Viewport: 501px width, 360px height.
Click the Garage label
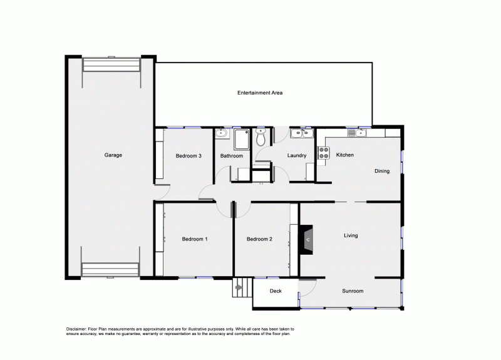click(x=113, y=155)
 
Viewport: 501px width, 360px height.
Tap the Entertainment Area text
click(x=260, y=93)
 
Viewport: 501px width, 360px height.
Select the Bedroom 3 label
click(x=188, y=156)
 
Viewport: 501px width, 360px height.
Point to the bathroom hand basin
click(x=220, y=133)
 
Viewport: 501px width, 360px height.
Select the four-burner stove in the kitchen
click(x=323, y=153)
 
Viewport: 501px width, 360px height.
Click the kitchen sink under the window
click(x=356, y=132)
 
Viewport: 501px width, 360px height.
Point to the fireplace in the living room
click(x=308, y=239)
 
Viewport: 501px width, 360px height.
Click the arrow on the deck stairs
click(x=238, y=288)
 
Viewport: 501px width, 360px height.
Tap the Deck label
click(x=276, y=291)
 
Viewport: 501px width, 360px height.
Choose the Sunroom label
click(x=353, y=291)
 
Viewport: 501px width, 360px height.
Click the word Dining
click(x=382, y=171)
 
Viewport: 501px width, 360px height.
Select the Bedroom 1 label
click(x=195, y=239)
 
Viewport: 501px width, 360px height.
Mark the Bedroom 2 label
click(x=259, y=239)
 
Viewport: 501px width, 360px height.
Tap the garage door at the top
click(x=112, y=66)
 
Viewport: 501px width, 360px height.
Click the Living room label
click(x=351, y=236)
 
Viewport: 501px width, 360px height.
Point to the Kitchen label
click(x=345, y=155)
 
